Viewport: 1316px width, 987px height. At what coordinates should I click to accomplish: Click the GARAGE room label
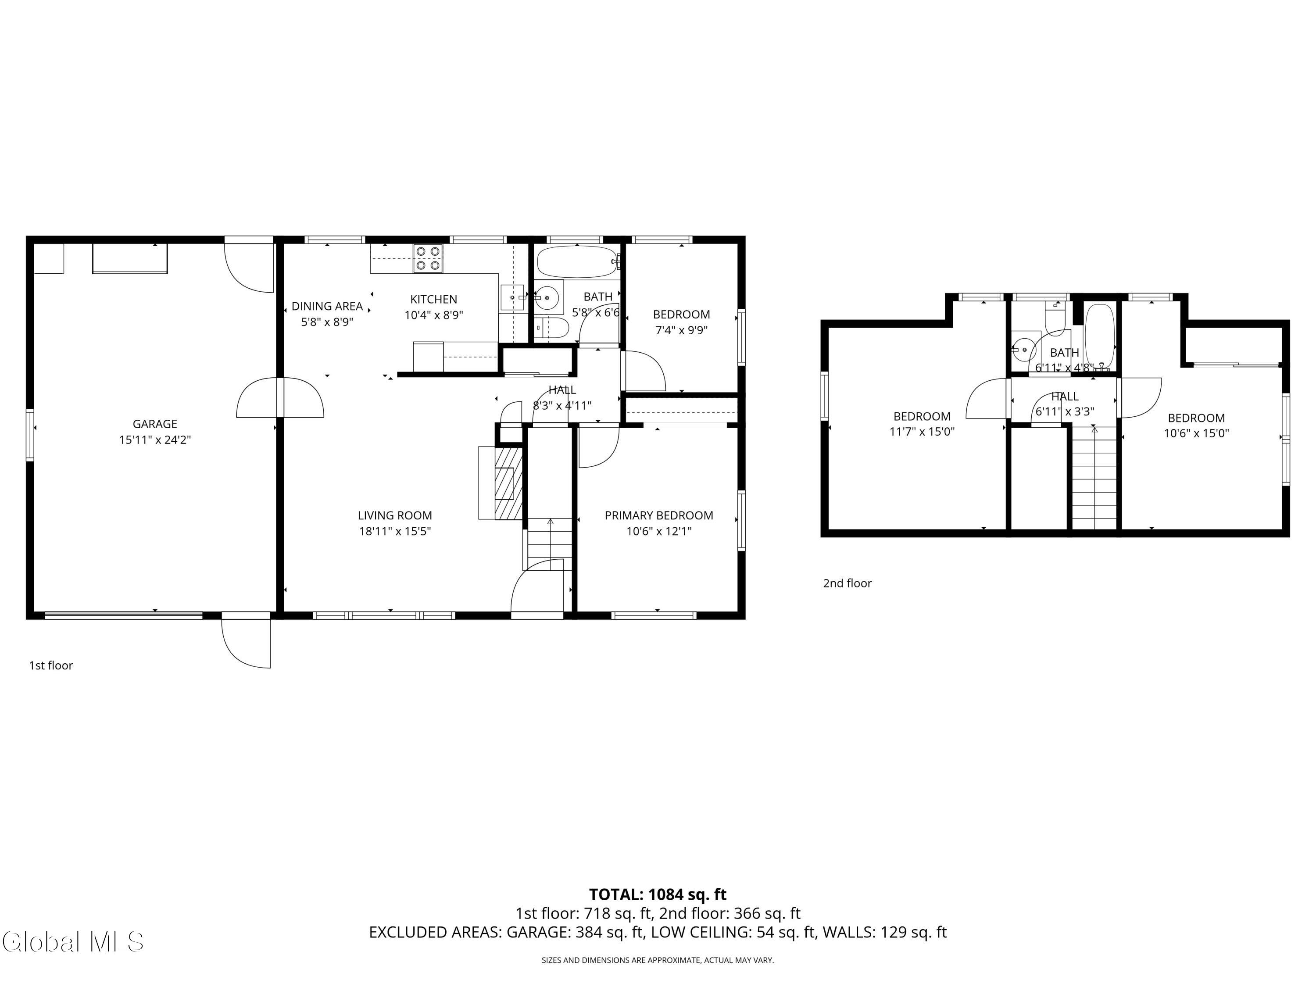pyautogui.click(x=155, y=424)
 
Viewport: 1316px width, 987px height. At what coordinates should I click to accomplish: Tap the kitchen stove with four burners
pyautogui.click(x=428, y=259)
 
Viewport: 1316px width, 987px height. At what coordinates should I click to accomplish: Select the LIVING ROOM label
pyautogui.click(x=395, y=516)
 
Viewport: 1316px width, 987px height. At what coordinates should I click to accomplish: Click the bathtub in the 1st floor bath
pyautogui.click(x=578, y=262)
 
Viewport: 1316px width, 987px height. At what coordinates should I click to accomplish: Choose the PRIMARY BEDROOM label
pyautogui.click(x=658, y=516)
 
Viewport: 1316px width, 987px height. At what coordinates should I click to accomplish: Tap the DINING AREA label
pyautogui.click(x=327, y=306)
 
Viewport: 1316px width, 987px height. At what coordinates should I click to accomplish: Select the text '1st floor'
pyautogui.click(x=51, y=665)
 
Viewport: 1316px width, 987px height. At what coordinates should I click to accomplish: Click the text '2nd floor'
pyautogui.click(x=847, y=583)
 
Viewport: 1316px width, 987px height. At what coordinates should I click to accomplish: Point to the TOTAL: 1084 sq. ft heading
pyautogui.click(x=658, y=894)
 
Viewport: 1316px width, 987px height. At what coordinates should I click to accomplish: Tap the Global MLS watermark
pyautogui.click(x=72, y=941)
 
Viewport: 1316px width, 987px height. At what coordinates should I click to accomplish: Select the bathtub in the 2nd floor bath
pyautogui.click(x=1099, y=337)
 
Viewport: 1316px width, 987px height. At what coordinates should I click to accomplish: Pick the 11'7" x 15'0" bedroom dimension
pyautogui.click(x=922, y=432)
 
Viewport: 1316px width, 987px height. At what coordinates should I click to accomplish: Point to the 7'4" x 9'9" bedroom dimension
pyautogui.click(x=681, y=330)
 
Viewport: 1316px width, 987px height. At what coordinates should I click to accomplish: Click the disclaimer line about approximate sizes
pyautogui.click(x=658, y=960)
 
